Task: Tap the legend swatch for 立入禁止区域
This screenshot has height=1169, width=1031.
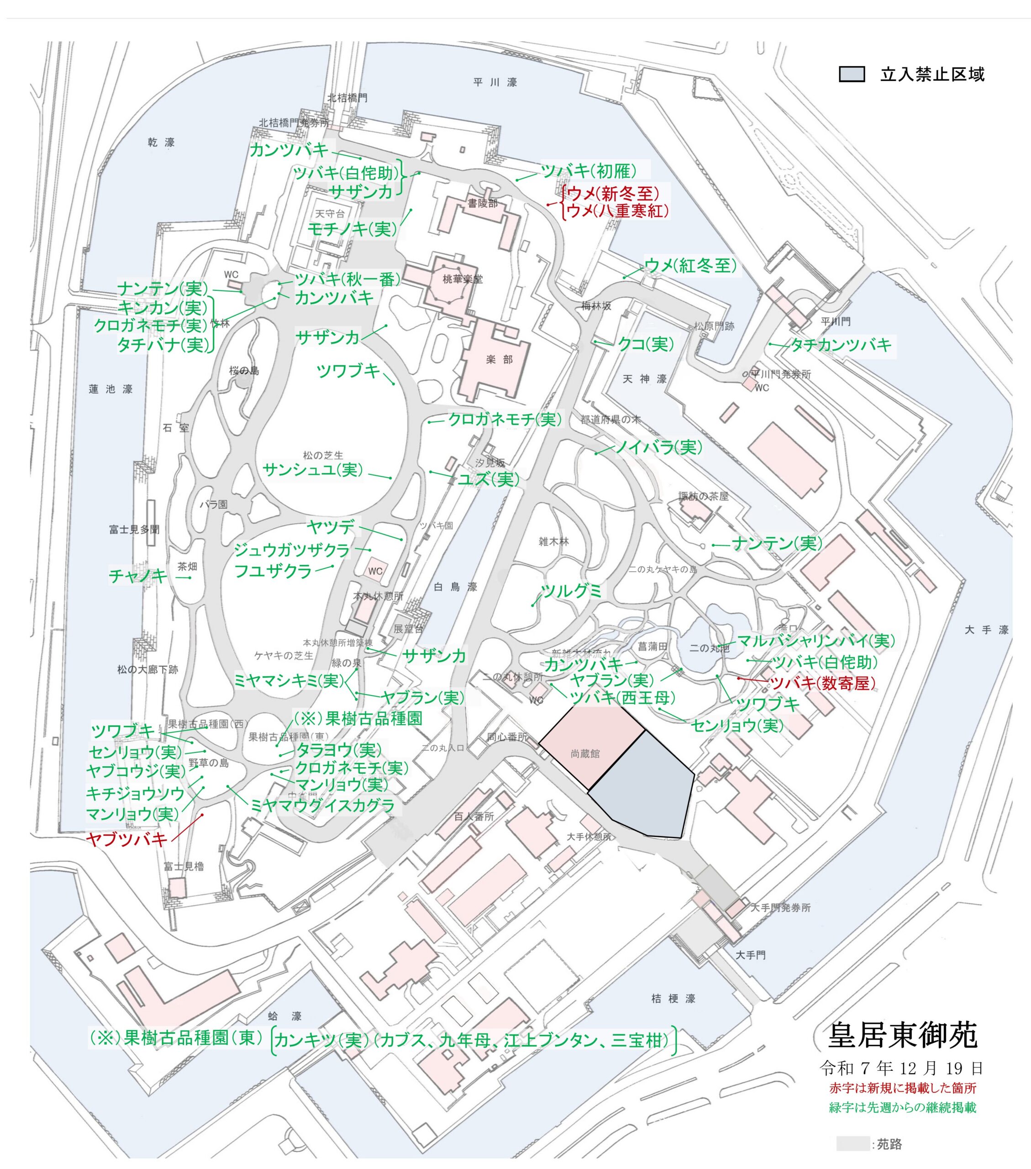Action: pyautogui.click(x=852, y=74)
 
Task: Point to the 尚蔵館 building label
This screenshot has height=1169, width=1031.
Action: pyautogui.click(x=585, y=754)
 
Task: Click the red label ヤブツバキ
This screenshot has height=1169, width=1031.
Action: pyautogui.click(x=126, y=839)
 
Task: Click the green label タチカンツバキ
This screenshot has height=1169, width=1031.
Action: pyautogui.click(x=840, y=345)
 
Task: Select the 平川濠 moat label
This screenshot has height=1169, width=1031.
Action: pyautogui.click(x=495, y=82)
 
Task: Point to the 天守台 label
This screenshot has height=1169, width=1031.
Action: pyautogui.click(x=330, y=214)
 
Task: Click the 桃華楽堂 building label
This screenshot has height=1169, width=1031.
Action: pyautogui.click(x=463, y=279)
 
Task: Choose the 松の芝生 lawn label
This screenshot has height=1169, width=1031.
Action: pyautogui.click(x=323, y=455)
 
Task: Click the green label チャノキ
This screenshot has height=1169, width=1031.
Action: pyautogui.click(x=138, y=576)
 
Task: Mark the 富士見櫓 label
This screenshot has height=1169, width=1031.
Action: pyautogui.click(x=184, y=866)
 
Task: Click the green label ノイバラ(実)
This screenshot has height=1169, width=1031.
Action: pyautogui.click(x=658, y=447)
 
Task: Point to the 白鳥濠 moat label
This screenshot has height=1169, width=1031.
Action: pyautogui.click(x=455, y=587)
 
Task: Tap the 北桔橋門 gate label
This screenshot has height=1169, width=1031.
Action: pyautogui.click(x=347, y=98)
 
